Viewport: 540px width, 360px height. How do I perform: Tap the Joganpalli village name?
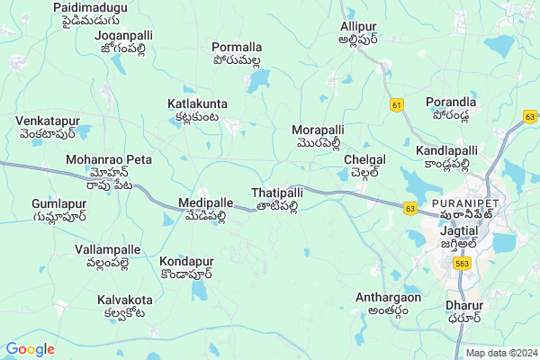122,41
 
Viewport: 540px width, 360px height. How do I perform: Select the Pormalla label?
237,53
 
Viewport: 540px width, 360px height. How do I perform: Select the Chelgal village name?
364,165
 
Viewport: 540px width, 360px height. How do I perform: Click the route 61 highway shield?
398,105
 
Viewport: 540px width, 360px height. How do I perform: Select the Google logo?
30,348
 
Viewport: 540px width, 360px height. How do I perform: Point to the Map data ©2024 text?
500,353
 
